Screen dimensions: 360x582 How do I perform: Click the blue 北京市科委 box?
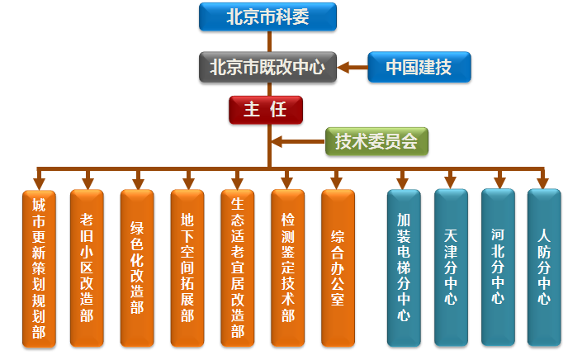pos(267,17)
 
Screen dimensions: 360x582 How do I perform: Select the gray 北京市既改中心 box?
pos(267,66)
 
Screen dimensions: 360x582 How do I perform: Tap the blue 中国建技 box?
pos(419,67)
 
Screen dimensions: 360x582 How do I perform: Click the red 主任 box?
pos(266,109)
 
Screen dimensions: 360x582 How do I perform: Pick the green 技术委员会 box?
pos(376,141)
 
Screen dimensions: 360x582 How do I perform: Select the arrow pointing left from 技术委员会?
pos(297,141)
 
